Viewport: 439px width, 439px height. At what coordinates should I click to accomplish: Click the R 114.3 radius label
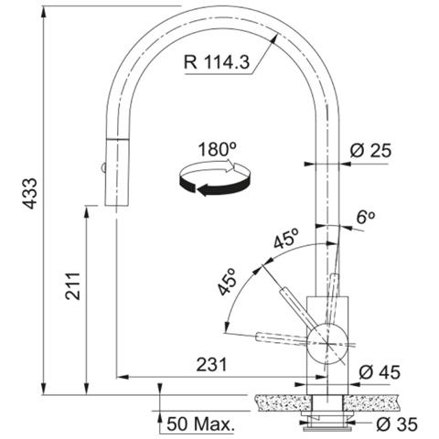pyautogui.click(x=217, y=62)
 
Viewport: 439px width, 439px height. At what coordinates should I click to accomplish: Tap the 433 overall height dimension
pyautogui.click(x=30, y=193)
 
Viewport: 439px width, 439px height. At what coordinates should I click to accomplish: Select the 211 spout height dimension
pyautogui.click(x=73, y=286)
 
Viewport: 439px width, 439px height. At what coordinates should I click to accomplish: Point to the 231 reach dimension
pyautogui.click(x=211, y=365)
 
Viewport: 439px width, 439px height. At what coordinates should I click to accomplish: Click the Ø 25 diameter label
pyautogui.click(x=370, y=150)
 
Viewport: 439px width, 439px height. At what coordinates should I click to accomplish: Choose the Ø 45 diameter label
pyautogui.click(x=380, y=372)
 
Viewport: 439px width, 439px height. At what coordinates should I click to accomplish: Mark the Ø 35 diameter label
pyautogui.click(x=397, y=424)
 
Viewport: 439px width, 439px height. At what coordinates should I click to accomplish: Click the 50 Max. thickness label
pyautogui.click(x=200, y=423)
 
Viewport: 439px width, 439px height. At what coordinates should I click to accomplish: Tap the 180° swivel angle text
pyautogui.click(x=217, y=149)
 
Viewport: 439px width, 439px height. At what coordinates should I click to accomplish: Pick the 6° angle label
pyautogui.click(x=366, y=217)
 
